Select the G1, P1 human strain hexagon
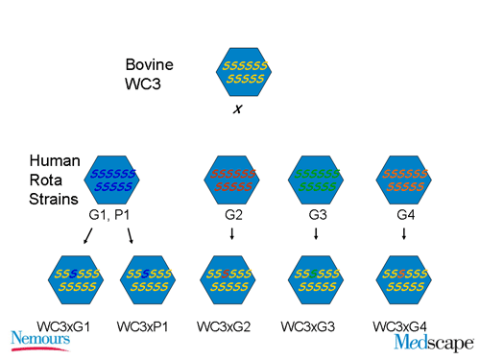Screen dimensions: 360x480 [x=113, y=180]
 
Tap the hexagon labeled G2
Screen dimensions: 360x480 [x=234, y=180]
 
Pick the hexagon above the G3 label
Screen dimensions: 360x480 [x=317, y=180]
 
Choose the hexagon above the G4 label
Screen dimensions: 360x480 [x=403, y=180]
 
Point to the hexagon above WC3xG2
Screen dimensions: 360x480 [x=235, y=279]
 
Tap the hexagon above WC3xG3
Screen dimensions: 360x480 [x=316, y=279]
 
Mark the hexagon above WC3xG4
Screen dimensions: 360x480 [x=403, y=279]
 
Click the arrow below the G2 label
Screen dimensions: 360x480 [x=235, y=233]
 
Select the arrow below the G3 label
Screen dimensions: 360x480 [x=317, y=233]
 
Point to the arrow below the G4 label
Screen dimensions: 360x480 [x=403, y=233]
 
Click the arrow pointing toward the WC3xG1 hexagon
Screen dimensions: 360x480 [x=88, y=235]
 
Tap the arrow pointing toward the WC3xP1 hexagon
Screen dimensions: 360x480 [x=129, y=235]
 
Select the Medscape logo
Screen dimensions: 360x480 [x=433, y=342]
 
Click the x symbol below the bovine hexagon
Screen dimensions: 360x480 [x=236, y=109]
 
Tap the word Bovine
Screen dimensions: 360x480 [x=148, y=65]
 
